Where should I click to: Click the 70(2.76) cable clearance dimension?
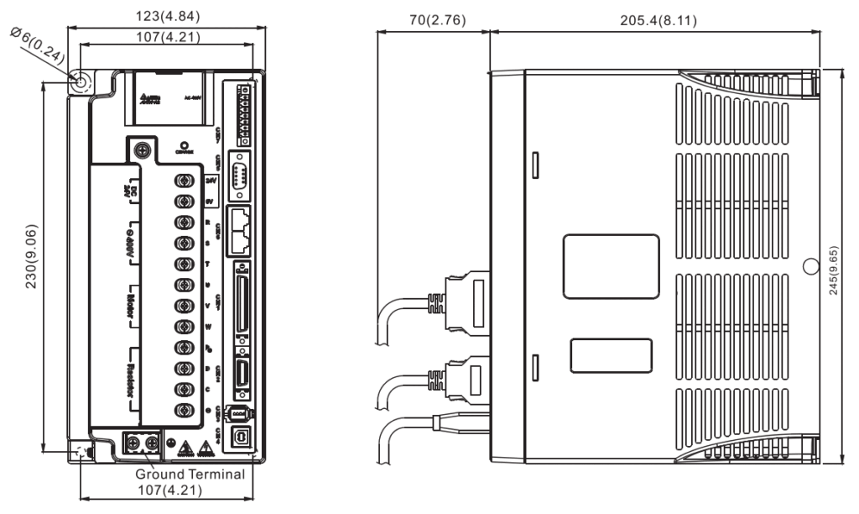point(432,19)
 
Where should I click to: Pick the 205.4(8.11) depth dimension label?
point(653,19)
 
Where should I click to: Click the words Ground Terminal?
point(190,475)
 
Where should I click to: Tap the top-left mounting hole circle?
point(81,82)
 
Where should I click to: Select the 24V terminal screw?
point(182,181)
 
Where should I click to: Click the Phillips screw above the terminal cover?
point(143,150)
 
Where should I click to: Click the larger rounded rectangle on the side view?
point(611,266)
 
